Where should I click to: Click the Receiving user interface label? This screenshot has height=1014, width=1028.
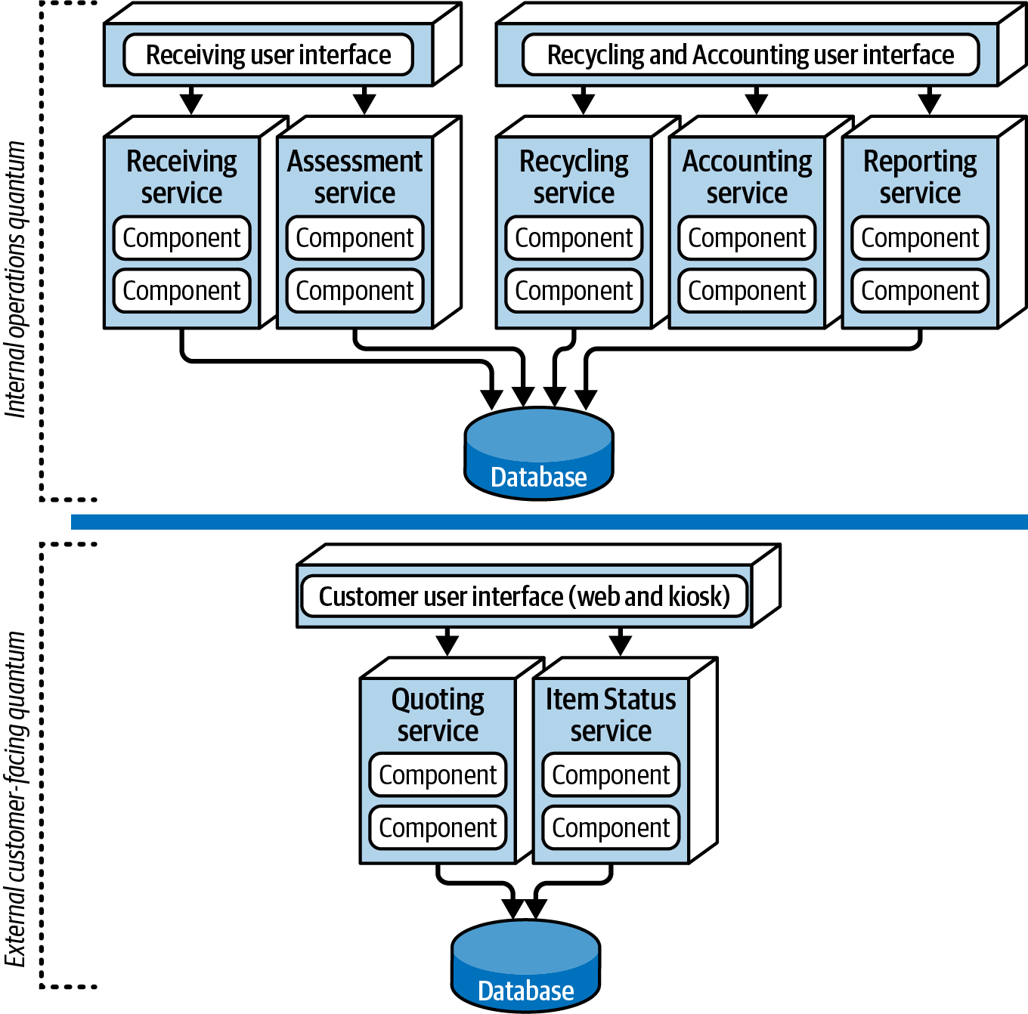tap(268, 55)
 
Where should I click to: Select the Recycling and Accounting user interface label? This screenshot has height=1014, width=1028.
tap(751, 55)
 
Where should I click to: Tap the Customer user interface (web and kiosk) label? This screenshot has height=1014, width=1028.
tap(525, 596)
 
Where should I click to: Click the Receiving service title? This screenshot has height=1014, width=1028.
tap(182, 177)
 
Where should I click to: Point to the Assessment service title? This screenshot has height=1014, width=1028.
tap(355, 177)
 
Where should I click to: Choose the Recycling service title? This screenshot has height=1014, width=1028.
tap(574, 177)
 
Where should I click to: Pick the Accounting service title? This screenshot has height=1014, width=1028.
tap(747, 177)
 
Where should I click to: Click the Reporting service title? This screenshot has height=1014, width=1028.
tap(920, 177)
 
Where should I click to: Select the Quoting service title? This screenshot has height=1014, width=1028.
tap(438, 715)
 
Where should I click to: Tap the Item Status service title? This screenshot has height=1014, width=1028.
tap(611, 715)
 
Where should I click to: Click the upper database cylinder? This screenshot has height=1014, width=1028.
tap(539, 453)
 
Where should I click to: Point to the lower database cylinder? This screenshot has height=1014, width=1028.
tap(526, 966)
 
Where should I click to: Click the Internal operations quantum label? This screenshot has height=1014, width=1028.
tap(15, 279)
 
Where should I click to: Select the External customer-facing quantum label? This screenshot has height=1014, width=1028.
tap(15, 799)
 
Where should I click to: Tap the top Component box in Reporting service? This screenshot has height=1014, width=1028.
tap(920, 238)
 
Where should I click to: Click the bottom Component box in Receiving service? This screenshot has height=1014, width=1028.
tap(182, 291)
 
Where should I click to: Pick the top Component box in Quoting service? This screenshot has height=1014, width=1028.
tap(438, 775)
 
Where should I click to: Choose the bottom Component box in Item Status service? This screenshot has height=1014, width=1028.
tap(611, 828)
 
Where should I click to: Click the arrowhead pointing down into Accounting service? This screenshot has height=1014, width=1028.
tap(757, 104)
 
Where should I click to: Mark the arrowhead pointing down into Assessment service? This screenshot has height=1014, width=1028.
tap(364, 104)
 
